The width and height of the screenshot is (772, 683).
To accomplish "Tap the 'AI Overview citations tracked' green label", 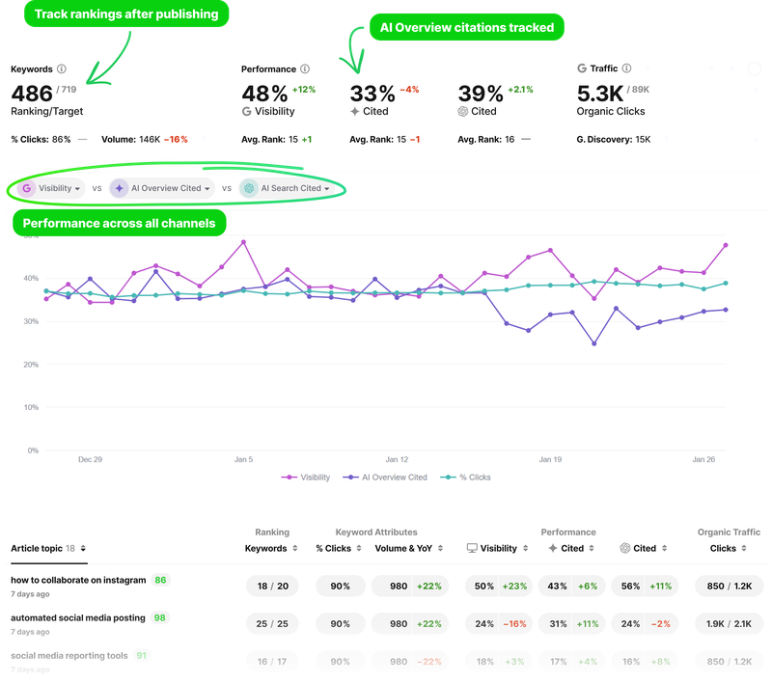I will click(466, 28).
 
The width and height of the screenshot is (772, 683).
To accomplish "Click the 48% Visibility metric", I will click(263, 94).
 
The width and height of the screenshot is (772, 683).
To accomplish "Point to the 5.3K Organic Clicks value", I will click(600, 94).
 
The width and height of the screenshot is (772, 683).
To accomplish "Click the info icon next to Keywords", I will click(62, 69).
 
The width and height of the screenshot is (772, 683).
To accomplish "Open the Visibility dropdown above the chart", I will click(52, 188).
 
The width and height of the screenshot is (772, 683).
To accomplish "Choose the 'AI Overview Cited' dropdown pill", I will click(161, 188).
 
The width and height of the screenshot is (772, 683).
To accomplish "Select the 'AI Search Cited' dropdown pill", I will click(287, 188).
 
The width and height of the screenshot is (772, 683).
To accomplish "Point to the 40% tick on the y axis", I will click(31, 278).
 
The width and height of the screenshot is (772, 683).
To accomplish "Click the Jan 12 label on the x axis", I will click(398, 460).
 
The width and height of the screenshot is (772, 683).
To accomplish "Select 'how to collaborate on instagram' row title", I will click(78, 580).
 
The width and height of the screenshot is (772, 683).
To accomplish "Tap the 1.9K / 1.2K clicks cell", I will click(723, 624).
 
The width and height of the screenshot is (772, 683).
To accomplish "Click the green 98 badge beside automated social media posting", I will click(159, 617).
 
